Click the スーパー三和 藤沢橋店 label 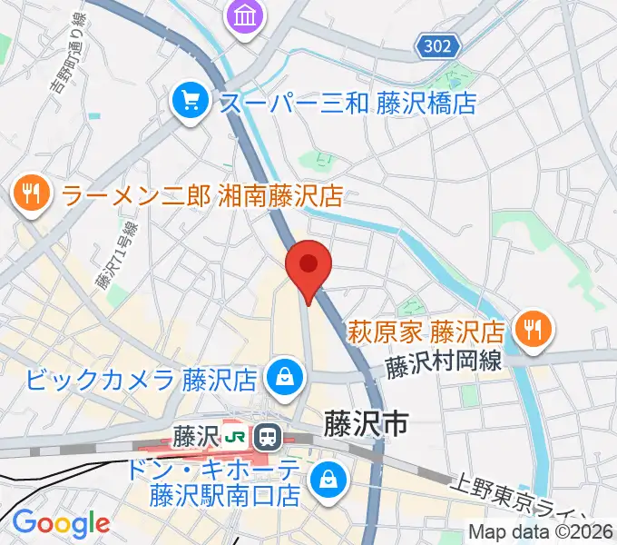348,101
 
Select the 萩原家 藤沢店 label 427,329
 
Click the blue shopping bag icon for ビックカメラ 285,376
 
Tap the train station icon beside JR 268,437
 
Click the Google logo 61,522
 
